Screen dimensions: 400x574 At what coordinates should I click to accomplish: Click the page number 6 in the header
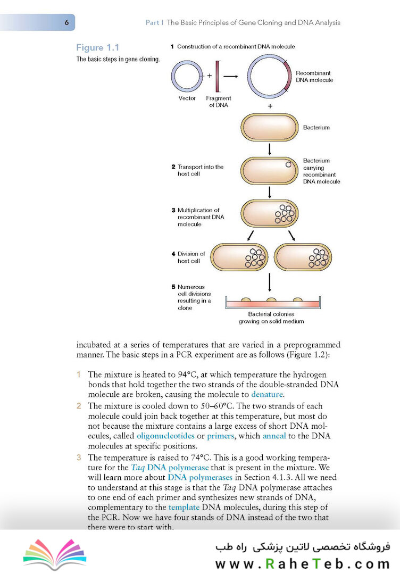tap(66, 22)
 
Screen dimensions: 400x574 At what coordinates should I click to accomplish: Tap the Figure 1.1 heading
tap(98, 47)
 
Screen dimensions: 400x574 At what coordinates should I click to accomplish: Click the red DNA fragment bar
tap(218, 76)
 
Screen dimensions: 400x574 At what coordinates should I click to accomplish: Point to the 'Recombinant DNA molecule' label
tap(314, 77)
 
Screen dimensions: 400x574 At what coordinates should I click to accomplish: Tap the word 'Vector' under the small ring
tap(187, 98)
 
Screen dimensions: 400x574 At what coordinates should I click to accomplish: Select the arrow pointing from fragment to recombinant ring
tap(230, 76)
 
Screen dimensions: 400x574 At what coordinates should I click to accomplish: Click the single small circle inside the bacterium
tap(288, 165)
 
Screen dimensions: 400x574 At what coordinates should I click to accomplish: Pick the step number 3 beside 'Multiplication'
tap(173, 210)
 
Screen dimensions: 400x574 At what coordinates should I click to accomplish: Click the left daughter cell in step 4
tap(239, 257)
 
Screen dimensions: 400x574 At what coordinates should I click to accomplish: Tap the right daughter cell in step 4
tap(303, 257)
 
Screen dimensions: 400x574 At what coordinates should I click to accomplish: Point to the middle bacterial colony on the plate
tap(271, 300)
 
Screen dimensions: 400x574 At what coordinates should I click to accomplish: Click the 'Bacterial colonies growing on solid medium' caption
tap(271, 318)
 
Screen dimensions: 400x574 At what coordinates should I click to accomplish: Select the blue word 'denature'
tap(267, 394)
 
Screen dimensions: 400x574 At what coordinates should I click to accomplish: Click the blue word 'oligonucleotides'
tap(165, 436)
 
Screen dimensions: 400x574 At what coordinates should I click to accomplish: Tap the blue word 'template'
tap(184, 508)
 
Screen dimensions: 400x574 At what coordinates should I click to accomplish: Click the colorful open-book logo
tap(55, 553)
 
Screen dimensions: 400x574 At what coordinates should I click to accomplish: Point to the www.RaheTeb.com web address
tap(303, 564)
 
